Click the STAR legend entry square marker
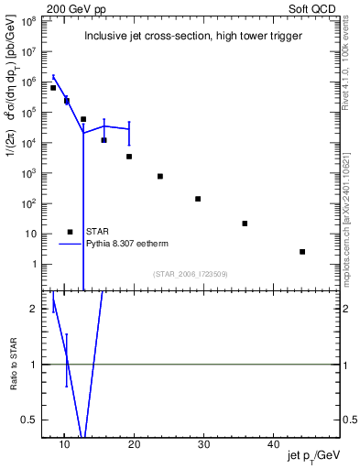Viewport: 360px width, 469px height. coord(70,232)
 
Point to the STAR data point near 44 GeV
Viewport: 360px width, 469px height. coord(302,251)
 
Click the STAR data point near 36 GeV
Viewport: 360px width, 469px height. coord(245,224)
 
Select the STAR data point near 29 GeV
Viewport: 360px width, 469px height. coord(198,199)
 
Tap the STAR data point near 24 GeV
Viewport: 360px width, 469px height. coord(160,176)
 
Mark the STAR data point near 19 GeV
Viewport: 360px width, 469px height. coord(129,157)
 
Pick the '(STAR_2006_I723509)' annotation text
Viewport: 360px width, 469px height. coord(191,274)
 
